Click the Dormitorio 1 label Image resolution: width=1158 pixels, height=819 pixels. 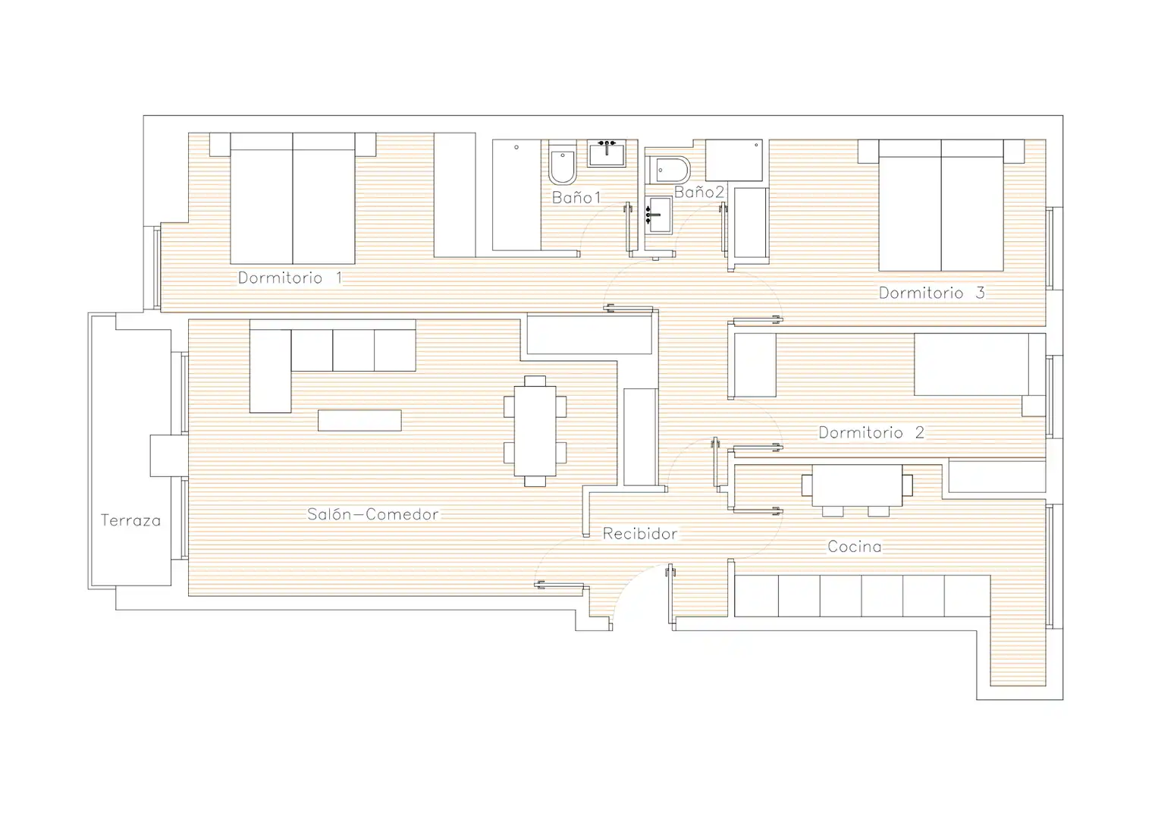(x=290, y=278)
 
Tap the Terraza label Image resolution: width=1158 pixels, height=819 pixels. (x=130, y=520)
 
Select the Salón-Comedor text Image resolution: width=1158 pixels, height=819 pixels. (x=373, y=514)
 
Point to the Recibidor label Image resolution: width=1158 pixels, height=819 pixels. (x=640, y=534)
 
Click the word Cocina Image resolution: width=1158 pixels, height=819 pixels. (x=855, y=547)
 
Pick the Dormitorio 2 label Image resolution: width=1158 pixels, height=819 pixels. (x=871, y=432)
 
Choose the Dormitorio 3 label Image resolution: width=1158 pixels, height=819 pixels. (x=931, y=293)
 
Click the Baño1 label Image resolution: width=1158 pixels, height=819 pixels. (x=576, y=197)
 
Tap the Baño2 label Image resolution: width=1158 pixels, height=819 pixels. (x=699, y=192)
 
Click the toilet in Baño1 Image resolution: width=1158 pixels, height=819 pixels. (x=563, y=162)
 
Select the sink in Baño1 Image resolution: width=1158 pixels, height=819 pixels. (x=607, y=153)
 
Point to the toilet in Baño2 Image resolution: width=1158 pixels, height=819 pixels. (x=668, y=170)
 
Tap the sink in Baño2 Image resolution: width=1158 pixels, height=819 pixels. (x=658, y=215)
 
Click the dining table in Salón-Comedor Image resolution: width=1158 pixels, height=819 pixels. (x=535, y=431)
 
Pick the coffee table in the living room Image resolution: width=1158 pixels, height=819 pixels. (x=359, y=420)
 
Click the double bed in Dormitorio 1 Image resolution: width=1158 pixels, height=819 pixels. (x=293, y=199)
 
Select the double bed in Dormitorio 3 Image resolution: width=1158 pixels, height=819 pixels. (x=941, y=206)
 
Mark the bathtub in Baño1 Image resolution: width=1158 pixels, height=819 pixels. (x=516, y=195)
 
